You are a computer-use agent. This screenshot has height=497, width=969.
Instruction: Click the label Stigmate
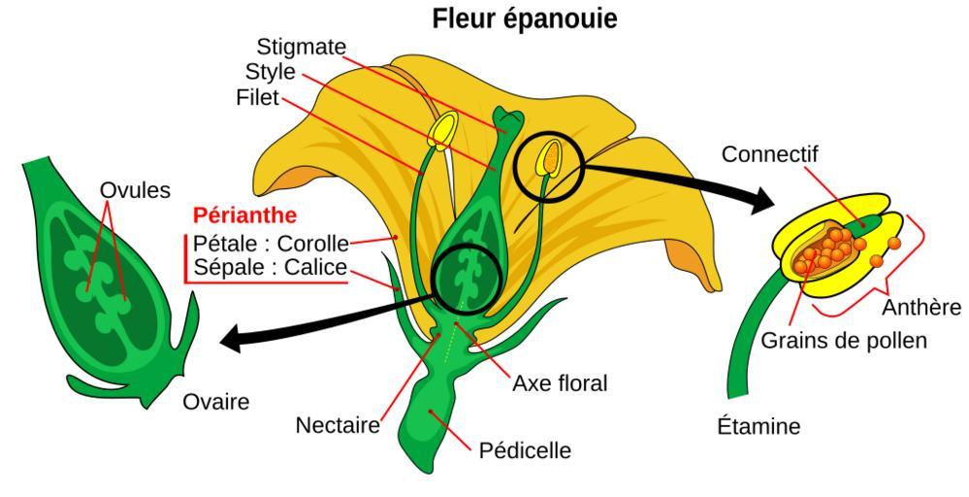(x=301, y=47)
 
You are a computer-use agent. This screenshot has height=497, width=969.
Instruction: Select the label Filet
(x=257, y=98)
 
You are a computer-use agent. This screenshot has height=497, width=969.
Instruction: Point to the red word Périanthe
(x=244, y=215)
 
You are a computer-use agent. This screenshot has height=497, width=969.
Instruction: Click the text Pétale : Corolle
(x=271, y=242)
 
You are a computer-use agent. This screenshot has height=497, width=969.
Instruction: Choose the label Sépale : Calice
(x=271, y=268)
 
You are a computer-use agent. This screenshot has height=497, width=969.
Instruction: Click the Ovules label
(x=135, y=190)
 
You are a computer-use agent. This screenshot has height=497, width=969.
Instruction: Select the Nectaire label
(x=338, y=425)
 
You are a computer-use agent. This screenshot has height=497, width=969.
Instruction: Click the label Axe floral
(x=560, y=383)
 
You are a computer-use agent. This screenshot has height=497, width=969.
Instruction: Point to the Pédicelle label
(x=525, y=450)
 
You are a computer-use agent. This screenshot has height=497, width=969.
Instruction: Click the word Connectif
(x=770, y=154)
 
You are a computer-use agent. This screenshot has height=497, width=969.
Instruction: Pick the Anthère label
(x=921, y=308)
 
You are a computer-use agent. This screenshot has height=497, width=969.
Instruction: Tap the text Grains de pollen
(x=844, y=341)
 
